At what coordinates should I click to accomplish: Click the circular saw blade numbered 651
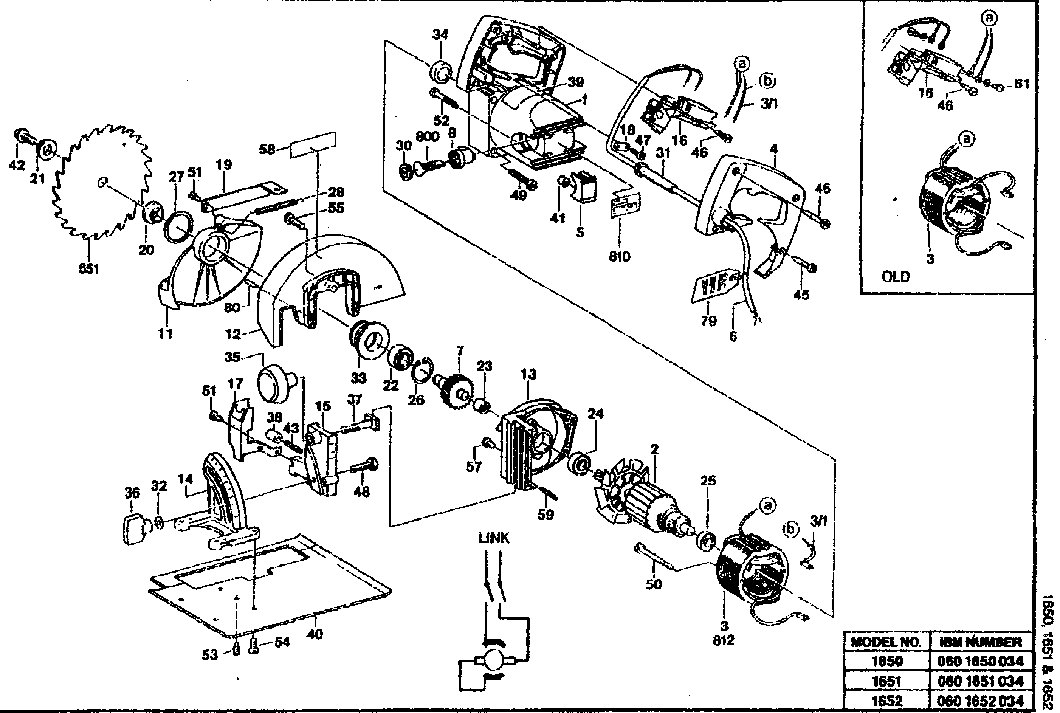coord(102,182)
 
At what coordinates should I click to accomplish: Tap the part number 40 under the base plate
coord(314,634)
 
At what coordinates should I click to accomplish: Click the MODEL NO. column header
coord(886,642)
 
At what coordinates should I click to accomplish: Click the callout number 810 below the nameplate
coord(619,256)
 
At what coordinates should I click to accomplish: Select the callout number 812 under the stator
coord(723,640)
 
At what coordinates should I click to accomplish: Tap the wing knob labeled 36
coord(135,529)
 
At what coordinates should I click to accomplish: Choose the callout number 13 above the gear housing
coord(528,374)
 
